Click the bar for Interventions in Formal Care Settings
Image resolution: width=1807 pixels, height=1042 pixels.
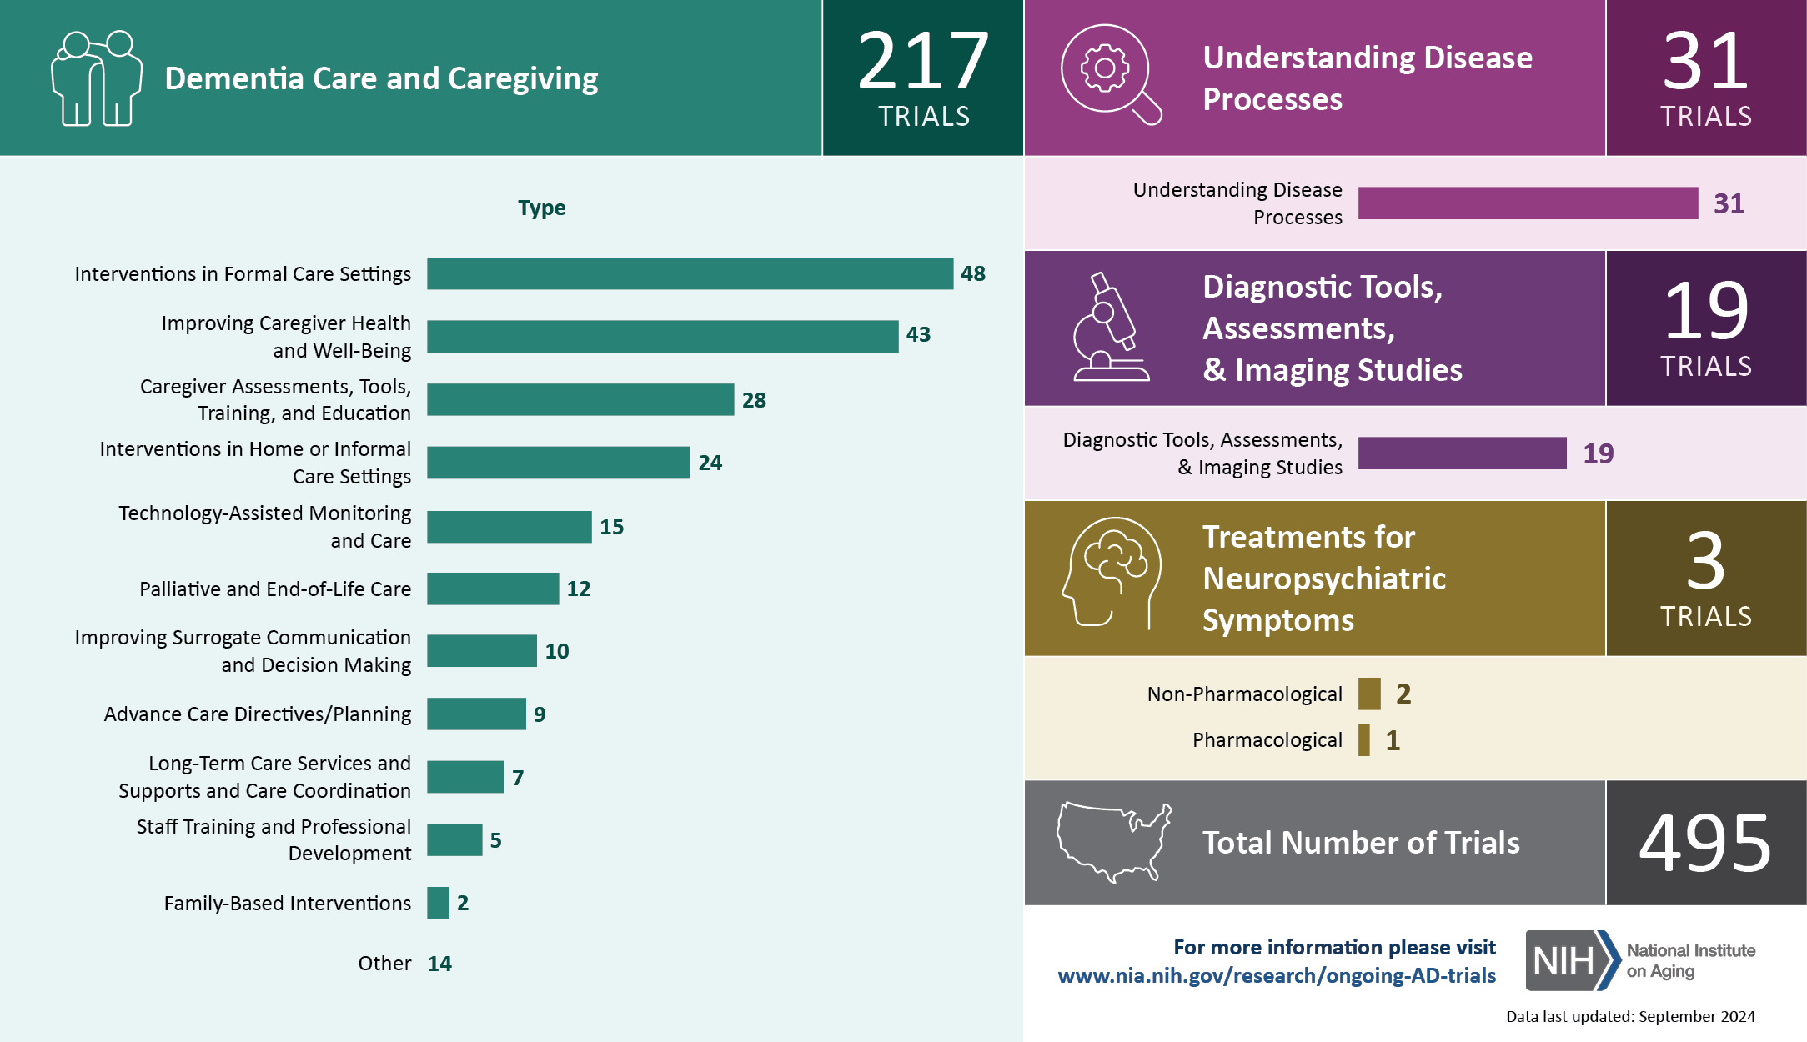tap(690, 273)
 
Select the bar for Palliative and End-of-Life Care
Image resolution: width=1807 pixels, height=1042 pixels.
tap(493, 589)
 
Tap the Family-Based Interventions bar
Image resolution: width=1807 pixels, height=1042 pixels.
tap(438, 903)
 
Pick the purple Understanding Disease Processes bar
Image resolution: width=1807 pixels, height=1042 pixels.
tap(1528, 203)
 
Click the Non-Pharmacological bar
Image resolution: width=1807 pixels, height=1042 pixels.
tap(1369, 694)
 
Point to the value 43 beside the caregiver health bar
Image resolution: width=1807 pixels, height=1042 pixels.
tap(918, 335)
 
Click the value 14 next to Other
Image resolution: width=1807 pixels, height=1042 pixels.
tap(439, 964)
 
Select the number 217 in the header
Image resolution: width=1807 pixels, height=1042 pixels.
tap(923, 62)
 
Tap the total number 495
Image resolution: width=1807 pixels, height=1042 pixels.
tap(1705, 844)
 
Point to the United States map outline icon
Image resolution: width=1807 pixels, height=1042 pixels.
tap(1114, 842)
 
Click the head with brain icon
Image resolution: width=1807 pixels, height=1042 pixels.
tap(1112, 572)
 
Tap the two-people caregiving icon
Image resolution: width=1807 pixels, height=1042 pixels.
tap(96, 78)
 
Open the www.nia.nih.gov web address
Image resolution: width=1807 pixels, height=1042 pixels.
tap(1277, 976)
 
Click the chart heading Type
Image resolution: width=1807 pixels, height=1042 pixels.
tap(541, 208)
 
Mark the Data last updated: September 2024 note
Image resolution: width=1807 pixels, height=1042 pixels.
tap(1630, 1017)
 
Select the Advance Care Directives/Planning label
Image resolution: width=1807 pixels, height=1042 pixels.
tap(258, 714)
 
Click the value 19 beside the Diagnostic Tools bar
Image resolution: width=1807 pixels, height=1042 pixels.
tap(1598, 453)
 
